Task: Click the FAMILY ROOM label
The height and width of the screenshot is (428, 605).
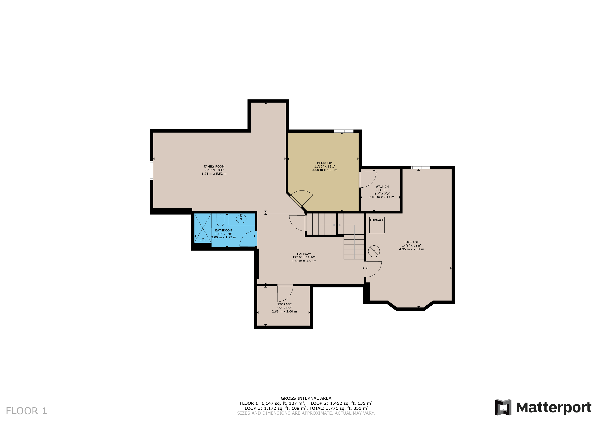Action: pyautogui.click(x=214, y=166)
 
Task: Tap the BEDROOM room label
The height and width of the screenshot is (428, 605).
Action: pyautogui.click(x=325, y=163)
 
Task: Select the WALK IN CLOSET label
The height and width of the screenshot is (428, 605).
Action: pyautogui.click(x=382, y=188)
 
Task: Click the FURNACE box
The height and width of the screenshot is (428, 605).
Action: pyautogui.click(x=377, y=225)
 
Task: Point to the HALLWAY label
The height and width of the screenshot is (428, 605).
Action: pyautogui.click(x=304, y=254)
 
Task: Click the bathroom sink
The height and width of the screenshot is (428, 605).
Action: pyautogui.click(x=241, y=219)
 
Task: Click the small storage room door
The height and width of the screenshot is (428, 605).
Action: pyautogui.click(x=285, y=293)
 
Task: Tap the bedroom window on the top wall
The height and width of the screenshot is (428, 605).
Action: pyautogui.click(x=344, y=131)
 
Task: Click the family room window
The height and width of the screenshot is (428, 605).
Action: pyautogui.click(x=152, y=170)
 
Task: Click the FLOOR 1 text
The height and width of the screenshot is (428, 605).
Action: pyautogui.click(x=26, y=411)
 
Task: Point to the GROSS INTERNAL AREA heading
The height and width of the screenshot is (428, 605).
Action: pyautogui.click(x=306, y=398)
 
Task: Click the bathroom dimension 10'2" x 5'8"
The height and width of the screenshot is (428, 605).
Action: pyautogui.click(x=223, y=234)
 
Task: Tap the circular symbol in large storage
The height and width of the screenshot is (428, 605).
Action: pyautogui.click(x=374, y=251)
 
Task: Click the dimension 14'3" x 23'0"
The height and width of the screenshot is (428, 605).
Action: pyautogui.click(x=411, y=246)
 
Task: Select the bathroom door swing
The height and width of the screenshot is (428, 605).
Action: pyautogui.click(x=248, y=239)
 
